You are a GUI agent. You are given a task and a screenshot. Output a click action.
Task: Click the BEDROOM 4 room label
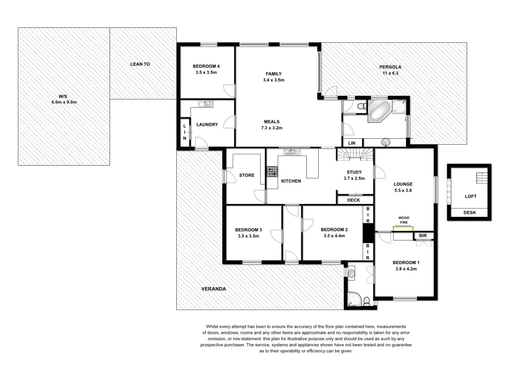click(x=206, y=66)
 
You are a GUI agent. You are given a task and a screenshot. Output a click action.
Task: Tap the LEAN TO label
click(x=140, y=64)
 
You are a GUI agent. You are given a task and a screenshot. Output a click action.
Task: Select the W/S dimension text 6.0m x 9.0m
click(x=64, y=102)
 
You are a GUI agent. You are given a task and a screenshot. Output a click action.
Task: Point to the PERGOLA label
click(x=390, y=67)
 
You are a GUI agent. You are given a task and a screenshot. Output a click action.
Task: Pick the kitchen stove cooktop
click(x=272, y=172)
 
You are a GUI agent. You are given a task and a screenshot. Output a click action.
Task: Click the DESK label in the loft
click(x=469, y=212)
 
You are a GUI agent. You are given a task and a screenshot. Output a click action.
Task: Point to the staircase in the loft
click(x=481, y=178)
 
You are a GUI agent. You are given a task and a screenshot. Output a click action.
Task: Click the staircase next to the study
click(x=355, y=155)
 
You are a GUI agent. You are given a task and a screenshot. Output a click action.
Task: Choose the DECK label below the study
click(x=353, y=200)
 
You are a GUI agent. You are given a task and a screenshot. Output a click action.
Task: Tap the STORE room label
click(x=247, y=175)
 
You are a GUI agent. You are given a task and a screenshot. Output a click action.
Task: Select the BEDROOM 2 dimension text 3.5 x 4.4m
click(x=334, y=236)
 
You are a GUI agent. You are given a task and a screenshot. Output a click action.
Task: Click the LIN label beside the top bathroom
click(x=352, y=143)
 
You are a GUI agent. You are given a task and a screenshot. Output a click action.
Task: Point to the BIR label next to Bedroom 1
click(x=423, y=235)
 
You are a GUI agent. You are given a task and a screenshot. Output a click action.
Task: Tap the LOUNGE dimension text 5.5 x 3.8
click(x=403, y=190)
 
